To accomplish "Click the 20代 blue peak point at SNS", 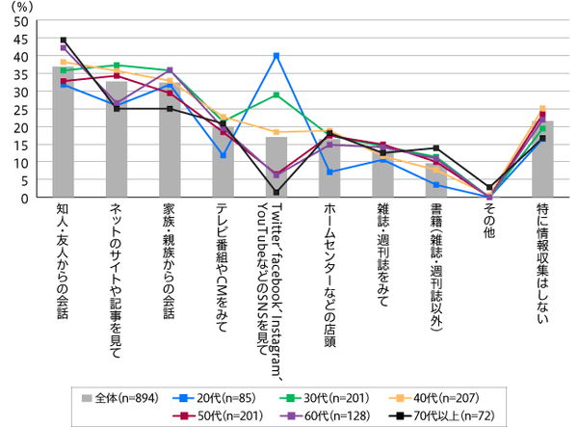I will pyautogui.click(x=276, y=56).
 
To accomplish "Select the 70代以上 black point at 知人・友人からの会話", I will pyautogui.click(x=64, y=40).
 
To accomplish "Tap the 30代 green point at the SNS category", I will pyautogui.click(x=276, y=94).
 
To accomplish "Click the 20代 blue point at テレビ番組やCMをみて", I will pyautogui.click(x=223, y=154).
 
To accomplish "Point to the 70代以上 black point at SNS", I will pyautogui.click(x=276, y=192).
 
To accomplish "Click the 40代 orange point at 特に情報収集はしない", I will pyautogui.click(x=542, y=109).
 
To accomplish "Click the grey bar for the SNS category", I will pyautogui.click(x=276, y=168).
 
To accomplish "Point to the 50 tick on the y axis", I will pyautogui.click(x=18, y=21).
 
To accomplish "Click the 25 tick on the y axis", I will pyautogui.click(x=18, y=109).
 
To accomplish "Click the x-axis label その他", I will pyautogui.click(x=489, y=225).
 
